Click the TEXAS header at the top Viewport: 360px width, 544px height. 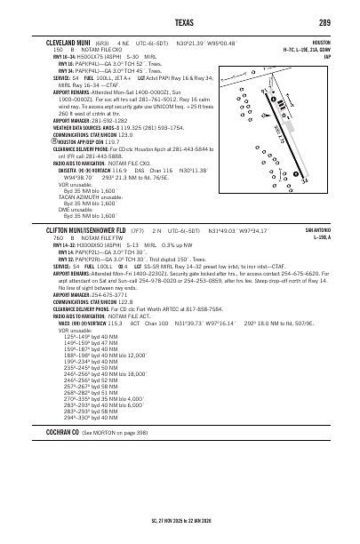click(x=180, y=21)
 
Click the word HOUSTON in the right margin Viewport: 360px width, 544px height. click(x=321, y=42)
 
